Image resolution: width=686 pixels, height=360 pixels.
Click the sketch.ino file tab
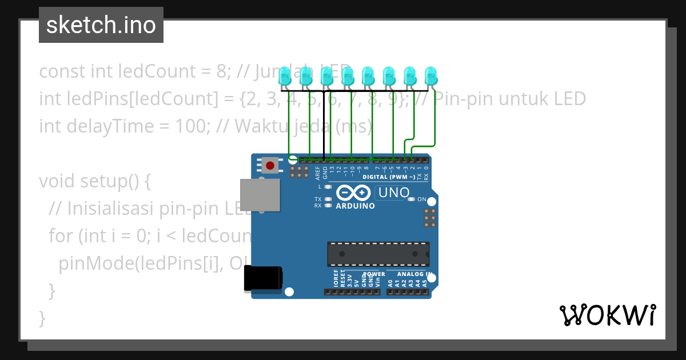click(x=101, y=25)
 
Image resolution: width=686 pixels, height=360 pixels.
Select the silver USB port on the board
click(x=259, y=195)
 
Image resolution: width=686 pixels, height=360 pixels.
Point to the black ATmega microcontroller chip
click(x=378, y=254)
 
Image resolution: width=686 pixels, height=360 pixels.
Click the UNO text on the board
click(x=394, y=193)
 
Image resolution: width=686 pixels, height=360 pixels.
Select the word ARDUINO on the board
click(x=355, y=206)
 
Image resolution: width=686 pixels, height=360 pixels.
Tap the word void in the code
click(x=57, y=181)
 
